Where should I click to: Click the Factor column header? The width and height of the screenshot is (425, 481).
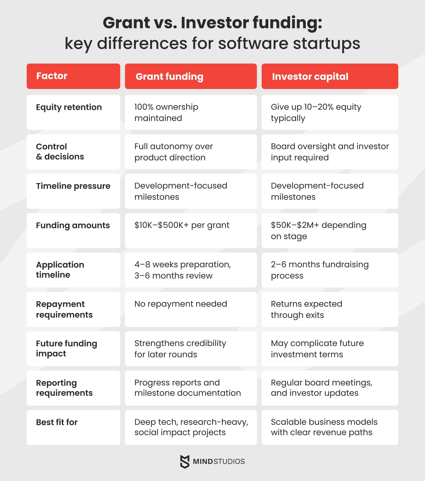73,76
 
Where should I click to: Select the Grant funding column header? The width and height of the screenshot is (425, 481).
191,76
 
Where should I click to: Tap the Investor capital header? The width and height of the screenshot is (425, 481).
330,76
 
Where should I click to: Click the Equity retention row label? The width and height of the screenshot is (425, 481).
73,112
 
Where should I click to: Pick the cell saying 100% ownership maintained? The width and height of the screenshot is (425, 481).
191,112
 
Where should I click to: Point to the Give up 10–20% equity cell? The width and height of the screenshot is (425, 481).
330,112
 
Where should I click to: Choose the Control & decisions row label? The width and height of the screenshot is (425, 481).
73,152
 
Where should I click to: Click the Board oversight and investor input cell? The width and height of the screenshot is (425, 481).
330,152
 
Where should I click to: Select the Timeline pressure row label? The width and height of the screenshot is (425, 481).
73,191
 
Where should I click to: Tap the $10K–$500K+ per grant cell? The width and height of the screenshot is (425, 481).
191,230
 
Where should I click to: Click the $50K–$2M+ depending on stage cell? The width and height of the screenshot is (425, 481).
330,230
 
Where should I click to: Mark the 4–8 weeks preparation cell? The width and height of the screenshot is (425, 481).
191,270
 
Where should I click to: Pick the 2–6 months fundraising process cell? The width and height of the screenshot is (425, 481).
330,270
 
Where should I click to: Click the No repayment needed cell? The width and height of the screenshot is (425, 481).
191,309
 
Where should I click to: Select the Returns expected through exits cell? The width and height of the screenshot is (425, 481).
330,309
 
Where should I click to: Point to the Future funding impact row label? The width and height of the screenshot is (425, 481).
73,349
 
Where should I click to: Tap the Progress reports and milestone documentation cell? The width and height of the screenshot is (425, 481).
191,388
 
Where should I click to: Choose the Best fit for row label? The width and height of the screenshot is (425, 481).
73,427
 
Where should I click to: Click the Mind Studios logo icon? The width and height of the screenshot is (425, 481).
185,461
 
